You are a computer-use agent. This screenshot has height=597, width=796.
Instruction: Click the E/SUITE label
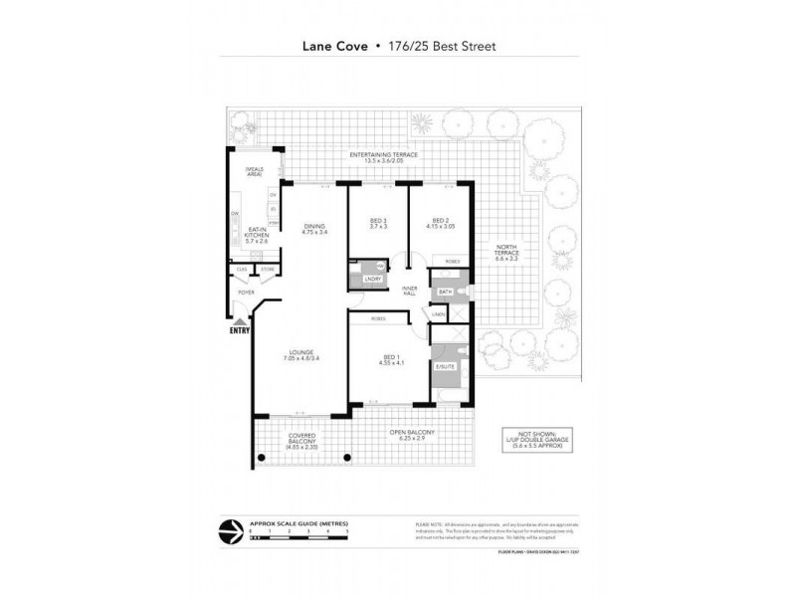coord(444,368)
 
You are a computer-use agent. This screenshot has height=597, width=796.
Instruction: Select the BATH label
coord(445,292)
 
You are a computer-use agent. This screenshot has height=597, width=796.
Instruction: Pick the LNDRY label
coord(358,279)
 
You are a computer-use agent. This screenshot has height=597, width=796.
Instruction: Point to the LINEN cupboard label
coord(438,315)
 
